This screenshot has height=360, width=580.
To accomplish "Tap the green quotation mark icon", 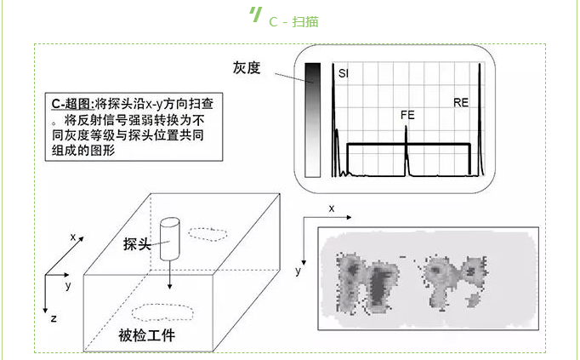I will point(254,14).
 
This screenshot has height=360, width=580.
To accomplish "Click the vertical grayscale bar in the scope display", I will point(312,119).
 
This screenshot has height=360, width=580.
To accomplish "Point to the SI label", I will point(343,75).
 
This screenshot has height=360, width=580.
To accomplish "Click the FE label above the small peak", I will point(407,114).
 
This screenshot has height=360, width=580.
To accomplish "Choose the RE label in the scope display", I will point(461,102).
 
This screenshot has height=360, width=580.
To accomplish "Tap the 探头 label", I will point(137,244).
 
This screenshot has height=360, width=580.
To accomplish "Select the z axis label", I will point(53,317).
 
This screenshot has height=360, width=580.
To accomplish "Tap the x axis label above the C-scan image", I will point(332,208).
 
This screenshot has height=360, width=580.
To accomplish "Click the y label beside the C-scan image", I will point(299,271).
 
